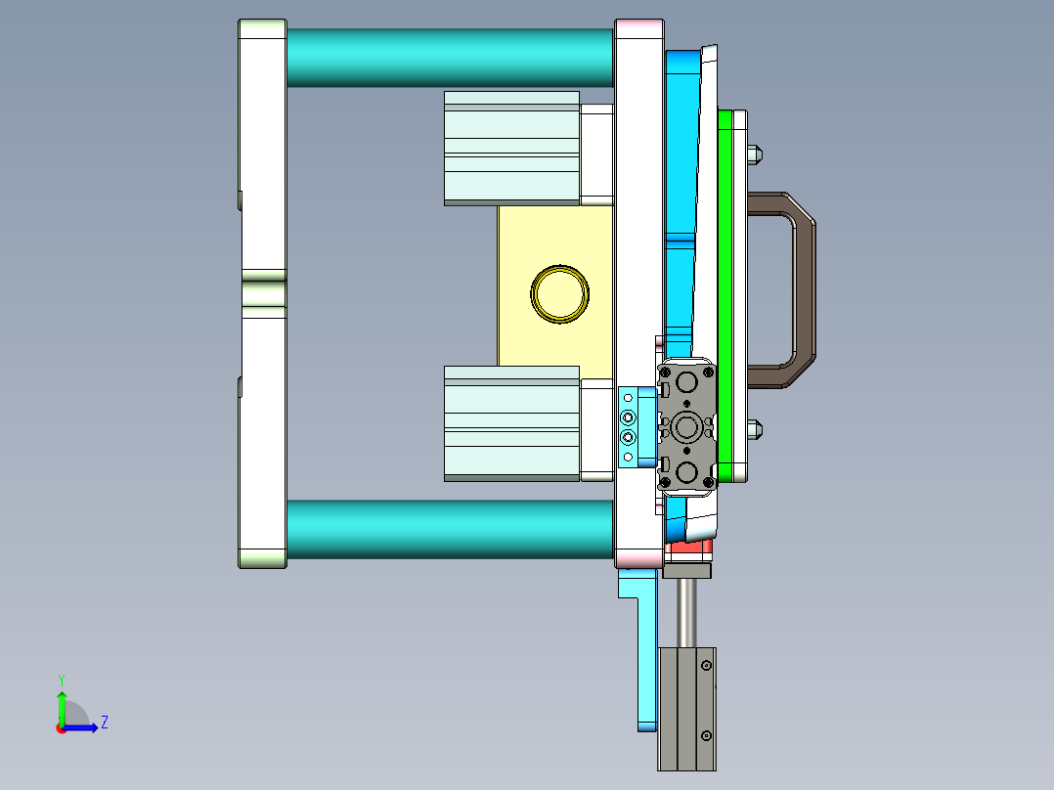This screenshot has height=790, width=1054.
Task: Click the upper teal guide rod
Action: coord(450,57)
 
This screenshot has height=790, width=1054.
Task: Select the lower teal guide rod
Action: coord(450,530)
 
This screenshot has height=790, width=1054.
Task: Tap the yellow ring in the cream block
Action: coord(560,292)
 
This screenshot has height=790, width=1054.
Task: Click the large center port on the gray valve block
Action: coord(687,427)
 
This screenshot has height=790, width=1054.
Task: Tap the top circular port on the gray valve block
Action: coord(687,379)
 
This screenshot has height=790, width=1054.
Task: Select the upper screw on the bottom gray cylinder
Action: coord(705,667)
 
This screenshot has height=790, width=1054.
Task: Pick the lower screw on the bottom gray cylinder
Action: coord(705,735)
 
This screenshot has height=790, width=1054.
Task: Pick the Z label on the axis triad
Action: coord(104,723)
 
